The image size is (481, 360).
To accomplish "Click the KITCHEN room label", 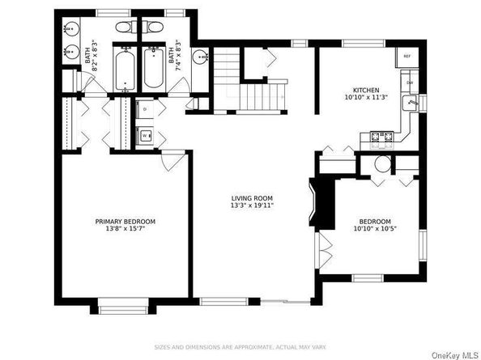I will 365,90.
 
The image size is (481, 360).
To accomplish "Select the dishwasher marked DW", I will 410,83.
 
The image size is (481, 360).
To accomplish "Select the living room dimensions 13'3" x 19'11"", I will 251,206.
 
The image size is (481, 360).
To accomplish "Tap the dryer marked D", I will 144,108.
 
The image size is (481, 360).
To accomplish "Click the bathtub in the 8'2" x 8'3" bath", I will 126,71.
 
